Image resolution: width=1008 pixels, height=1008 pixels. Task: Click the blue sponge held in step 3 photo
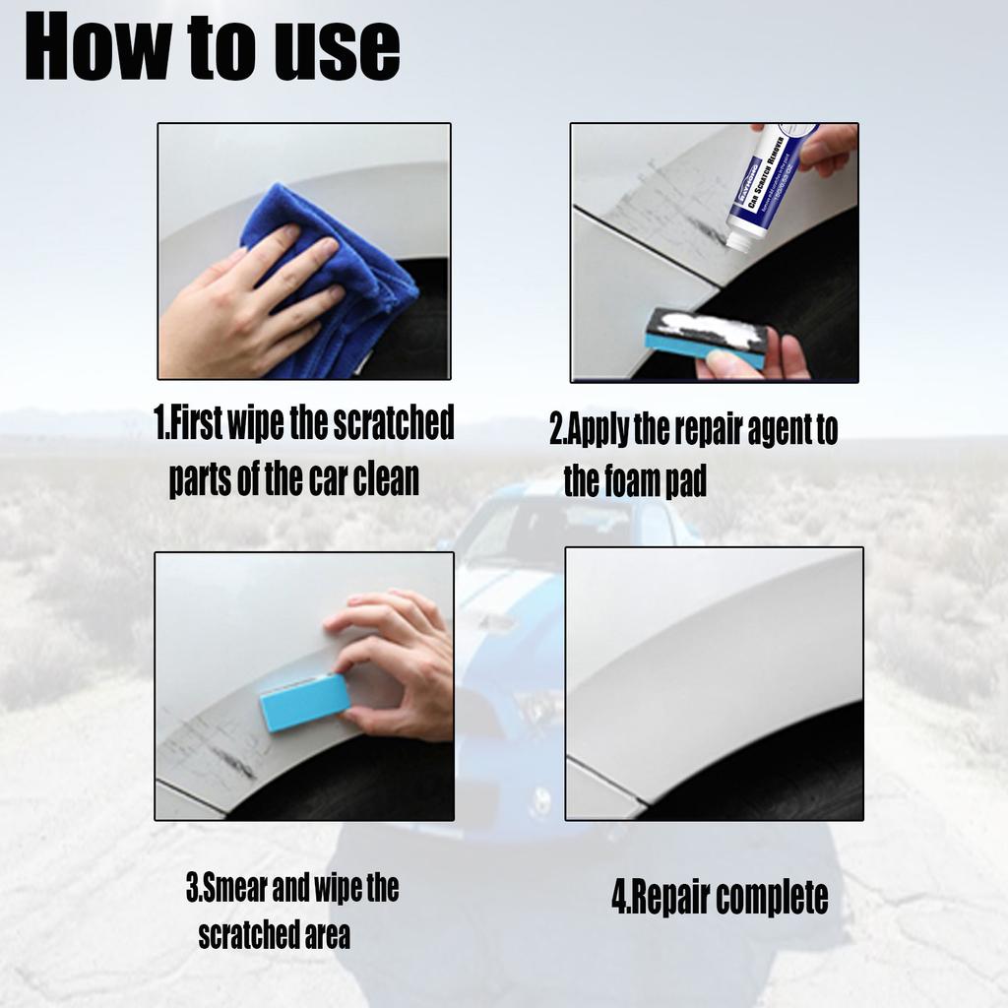304,702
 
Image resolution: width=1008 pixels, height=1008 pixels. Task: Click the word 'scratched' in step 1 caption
393,423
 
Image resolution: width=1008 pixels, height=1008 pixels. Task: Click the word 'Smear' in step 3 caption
234,889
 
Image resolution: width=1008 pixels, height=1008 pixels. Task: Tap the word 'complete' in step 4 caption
772,898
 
